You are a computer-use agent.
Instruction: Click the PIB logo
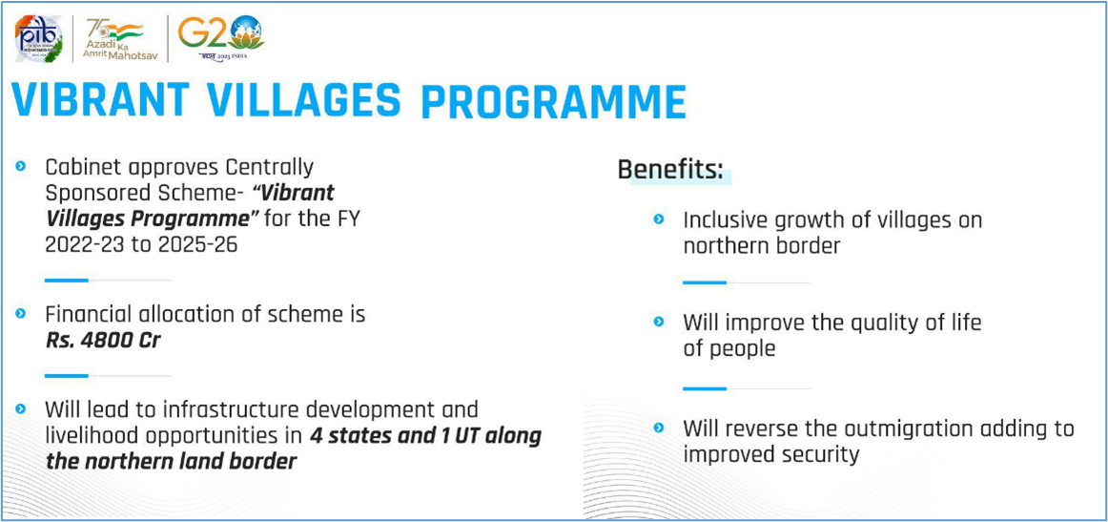coord(39,39)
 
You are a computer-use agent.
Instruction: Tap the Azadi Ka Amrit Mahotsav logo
coord(117,38)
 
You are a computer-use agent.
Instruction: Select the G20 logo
coord(220,38)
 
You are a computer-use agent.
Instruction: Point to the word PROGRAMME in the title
coord(553,102)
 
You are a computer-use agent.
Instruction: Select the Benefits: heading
coord(670,171)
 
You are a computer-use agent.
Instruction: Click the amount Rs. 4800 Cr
coord(103,341)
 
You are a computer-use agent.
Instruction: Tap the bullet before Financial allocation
coord(21,313)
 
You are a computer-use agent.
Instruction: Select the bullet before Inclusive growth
coord(659,220)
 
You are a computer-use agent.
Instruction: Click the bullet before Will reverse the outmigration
coord(659,428)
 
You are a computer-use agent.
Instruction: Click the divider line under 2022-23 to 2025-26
coord(108,281)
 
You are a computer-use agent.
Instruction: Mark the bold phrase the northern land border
coord(171,462)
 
